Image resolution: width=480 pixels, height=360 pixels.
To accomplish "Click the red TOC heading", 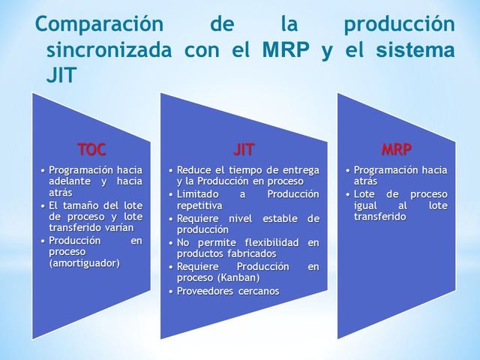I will click(x=91, y=148).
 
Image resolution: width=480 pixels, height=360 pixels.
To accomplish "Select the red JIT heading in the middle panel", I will click(x=244, y=148).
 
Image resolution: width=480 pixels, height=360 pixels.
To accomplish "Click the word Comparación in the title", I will click(x=99, y=24).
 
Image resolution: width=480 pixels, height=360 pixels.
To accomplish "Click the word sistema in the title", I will click(x=419, y=50).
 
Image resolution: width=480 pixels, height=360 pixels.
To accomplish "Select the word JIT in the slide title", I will click(x=61, y=76).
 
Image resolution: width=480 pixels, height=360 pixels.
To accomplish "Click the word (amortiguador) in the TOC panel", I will click(x=84, y=263).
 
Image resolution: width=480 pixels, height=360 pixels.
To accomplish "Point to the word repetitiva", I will click(x=199, y=205).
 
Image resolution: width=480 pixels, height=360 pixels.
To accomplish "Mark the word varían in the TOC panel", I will click(x=118, y=227).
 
